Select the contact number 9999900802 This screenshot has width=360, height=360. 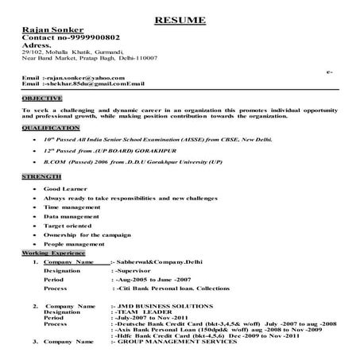point(94,38)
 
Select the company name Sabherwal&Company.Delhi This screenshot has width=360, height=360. point(159,261)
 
